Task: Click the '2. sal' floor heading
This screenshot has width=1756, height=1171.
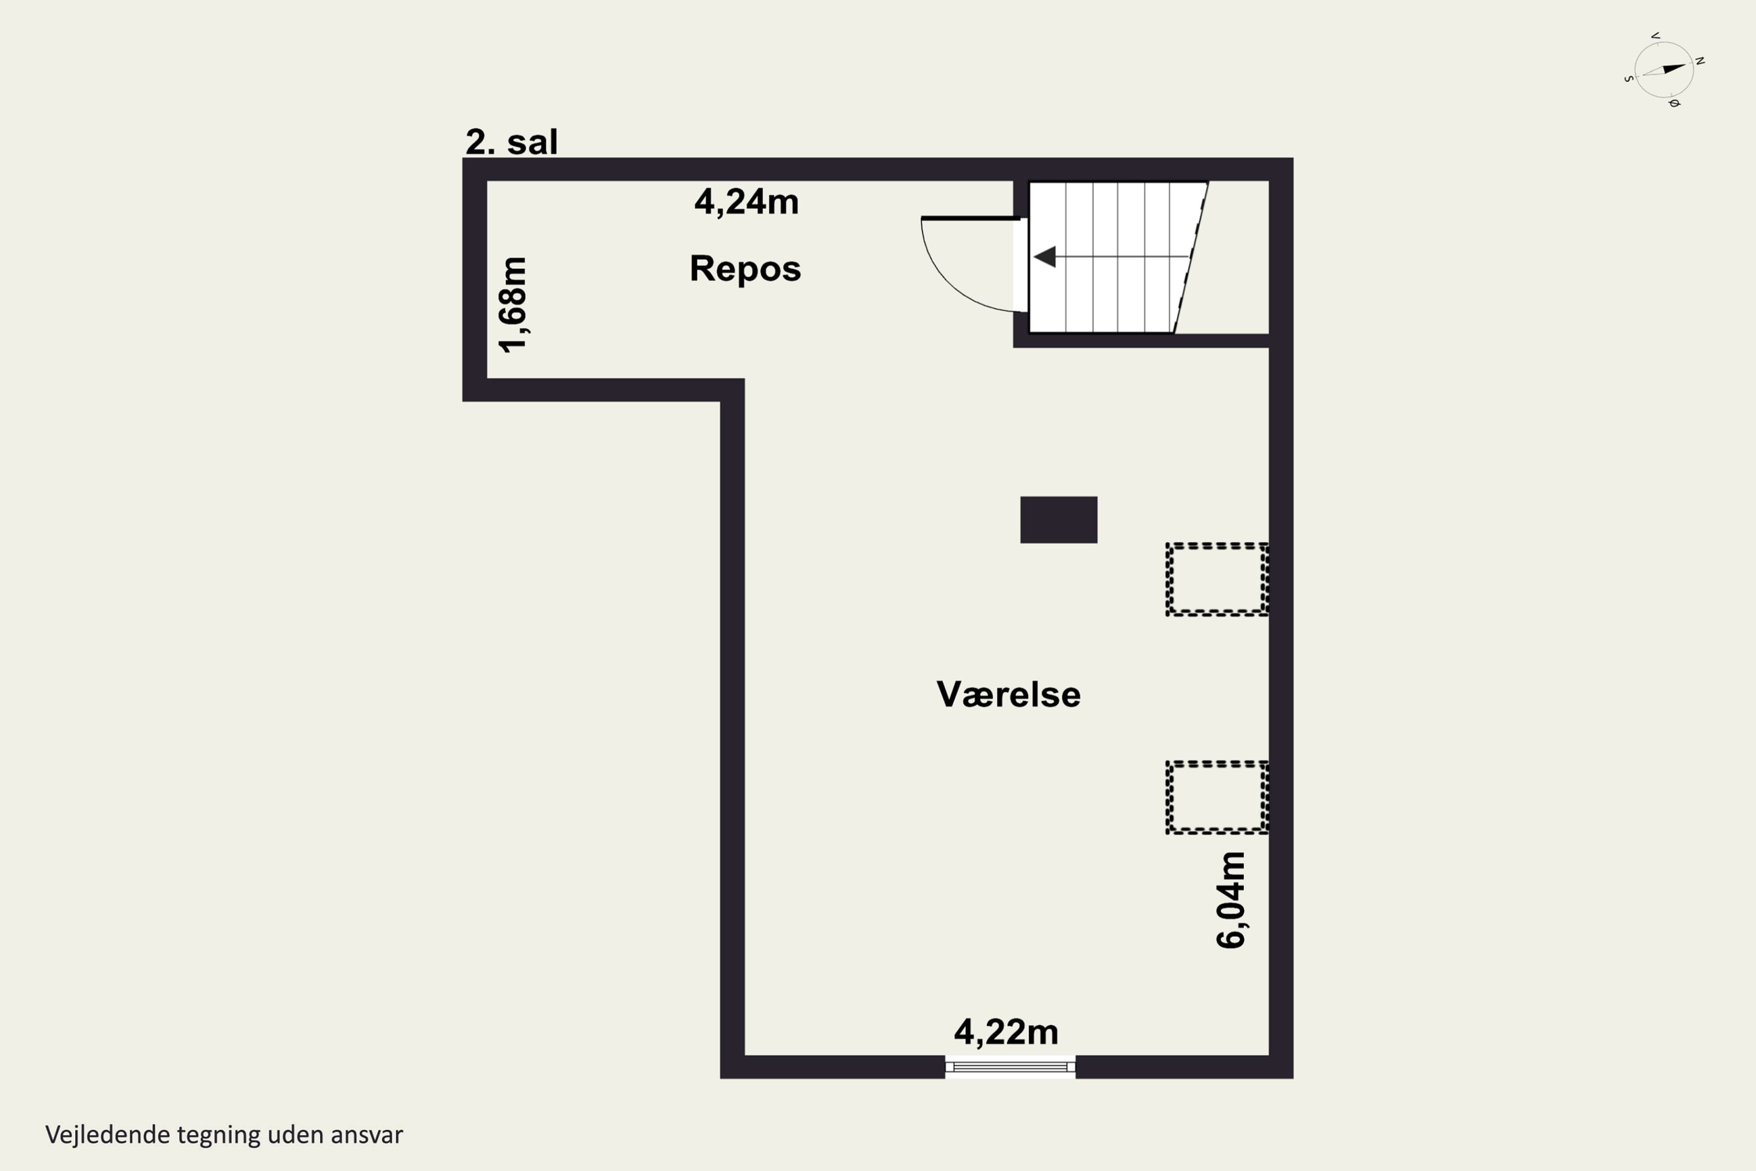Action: [512, 142]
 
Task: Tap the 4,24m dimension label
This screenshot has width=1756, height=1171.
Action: [747, 201]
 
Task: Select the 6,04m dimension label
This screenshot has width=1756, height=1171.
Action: [1230, 900]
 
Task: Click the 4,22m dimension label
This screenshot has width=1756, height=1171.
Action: [1006, 1032]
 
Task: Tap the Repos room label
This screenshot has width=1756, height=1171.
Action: [745, 269]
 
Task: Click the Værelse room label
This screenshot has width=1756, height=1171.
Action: [1009, 694]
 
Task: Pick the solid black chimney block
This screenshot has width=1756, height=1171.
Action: [1059, 520]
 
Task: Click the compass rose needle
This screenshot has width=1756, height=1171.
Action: [1664, 70]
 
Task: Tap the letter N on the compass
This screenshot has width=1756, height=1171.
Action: [1699, 60]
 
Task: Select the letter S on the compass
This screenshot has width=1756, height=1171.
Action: [1628, 78]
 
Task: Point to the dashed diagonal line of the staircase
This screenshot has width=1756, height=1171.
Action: [1191, 257]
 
